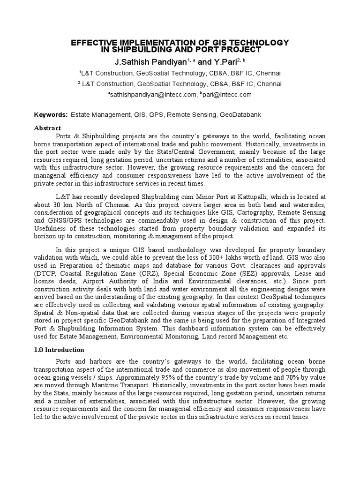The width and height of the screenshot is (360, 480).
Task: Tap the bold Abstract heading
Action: point(48,128)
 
